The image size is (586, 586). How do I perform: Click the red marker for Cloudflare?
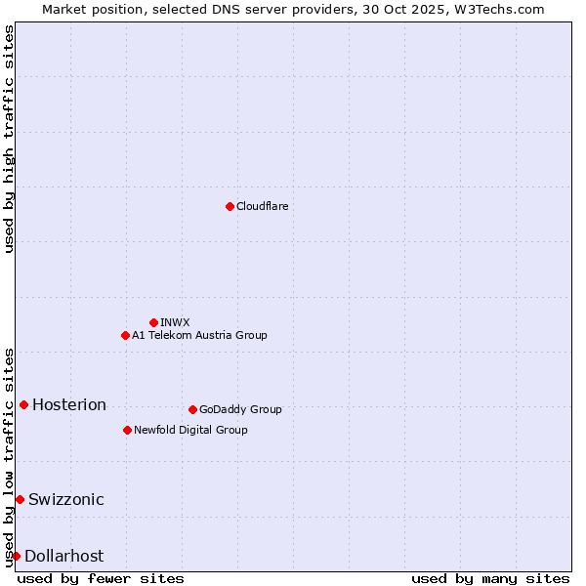point(230,206)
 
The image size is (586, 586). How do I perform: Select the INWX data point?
point(153,322)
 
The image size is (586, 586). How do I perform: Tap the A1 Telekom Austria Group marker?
point(125,335)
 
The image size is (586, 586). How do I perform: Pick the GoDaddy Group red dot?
point(192,409)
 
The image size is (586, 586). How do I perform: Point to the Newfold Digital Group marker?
point(127,430)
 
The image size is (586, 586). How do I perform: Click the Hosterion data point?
point(23,404)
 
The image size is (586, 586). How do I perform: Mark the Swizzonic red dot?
point(20,499)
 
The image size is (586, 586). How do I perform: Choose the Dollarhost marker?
point(16,556)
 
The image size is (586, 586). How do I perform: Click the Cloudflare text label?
point(262,206)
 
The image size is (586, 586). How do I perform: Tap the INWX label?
point(175,322)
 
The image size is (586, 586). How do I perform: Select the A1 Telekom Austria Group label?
point(199,335)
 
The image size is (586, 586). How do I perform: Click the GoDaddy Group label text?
point(240,409)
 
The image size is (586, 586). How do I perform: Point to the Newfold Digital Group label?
point(190,430)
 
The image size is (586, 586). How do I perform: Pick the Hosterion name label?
point(69,405)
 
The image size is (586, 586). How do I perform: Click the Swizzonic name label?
point(66,500)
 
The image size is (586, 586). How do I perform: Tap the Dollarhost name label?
point(63,557)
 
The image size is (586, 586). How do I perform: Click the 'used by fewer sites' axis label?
point(101,578)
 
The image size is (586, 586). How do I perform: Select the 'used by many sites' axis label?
point(490,578)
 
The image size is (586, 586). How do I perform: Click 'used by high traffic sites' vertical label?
point(9,139)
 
